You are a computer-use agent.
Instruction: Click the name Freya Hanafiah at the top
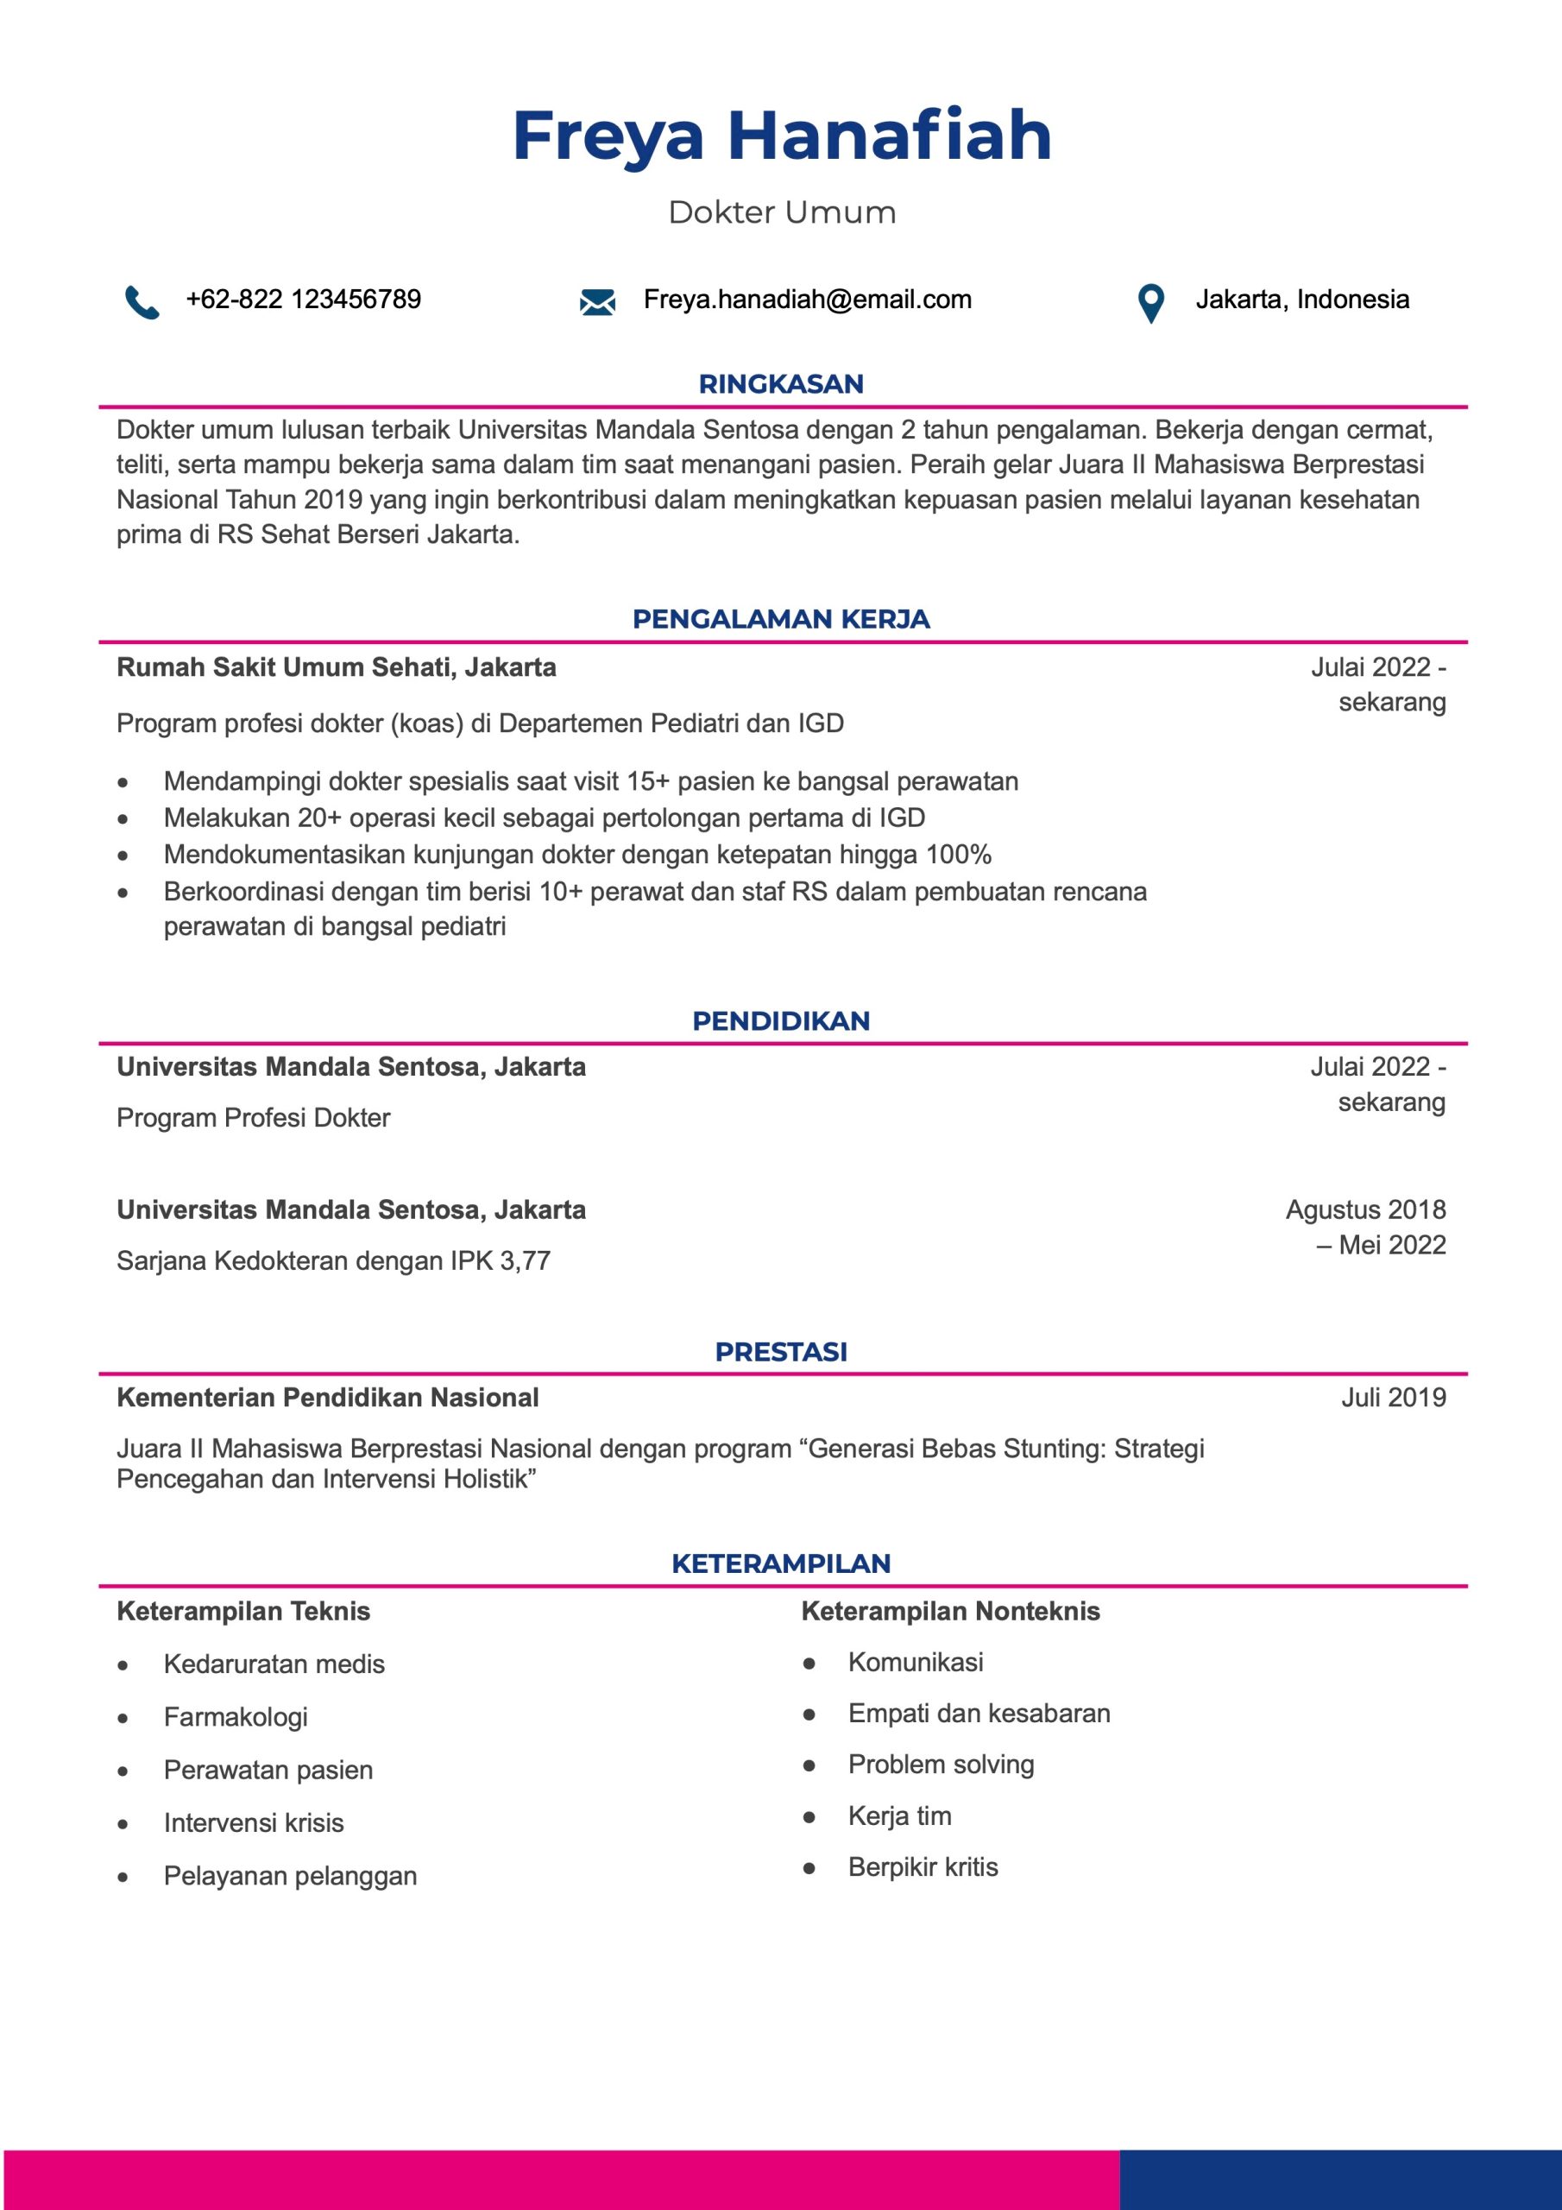[x=782, y=136]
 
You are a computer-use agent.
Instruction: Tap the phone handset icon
[x=142, y=301]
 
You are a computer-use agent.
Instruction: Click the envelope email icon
[x=596, y=302]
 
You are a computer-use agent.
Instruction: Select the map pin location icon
[x=1150, y=303]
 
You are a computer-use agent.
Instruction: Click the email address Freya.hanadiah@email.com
[x=807, y=300]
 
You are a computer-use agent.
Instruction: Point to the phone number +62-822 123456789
[x=303, y=300]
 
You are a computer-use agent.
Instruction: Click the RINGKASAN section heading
[x=780, y=384]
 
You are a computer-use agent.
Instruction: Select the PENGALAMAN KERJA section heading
[x=780, y=619]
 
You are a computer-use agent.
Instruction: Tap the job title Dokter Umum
[x=782, y=212]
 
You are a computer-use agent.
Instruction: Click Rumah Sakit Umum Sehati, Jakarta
[x=336, y=667]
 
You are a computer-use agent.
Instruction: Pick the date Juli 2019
[x=1393, y=1398]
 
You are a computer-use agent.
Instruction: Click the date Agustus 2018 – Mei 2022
[x=1364, y=1228]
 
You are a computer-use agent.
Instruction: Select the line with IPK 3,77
[x=333, y=1261]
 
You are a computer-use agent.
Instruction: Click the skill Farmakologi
[x=235, y=1716]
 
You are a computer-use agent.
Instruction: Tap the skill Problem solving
[x=941, y=1765]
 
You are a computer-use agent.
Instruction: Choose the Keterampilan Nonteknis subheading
[x=950, y=1611]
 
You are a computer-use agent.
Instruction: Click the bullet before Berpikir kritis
[x=809, y=1868]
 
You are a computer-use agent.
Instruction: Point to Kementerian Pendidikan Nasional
[x=327, y=1398]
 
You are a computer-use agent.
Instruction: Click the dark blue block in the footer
[x=1339, y=2179]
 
